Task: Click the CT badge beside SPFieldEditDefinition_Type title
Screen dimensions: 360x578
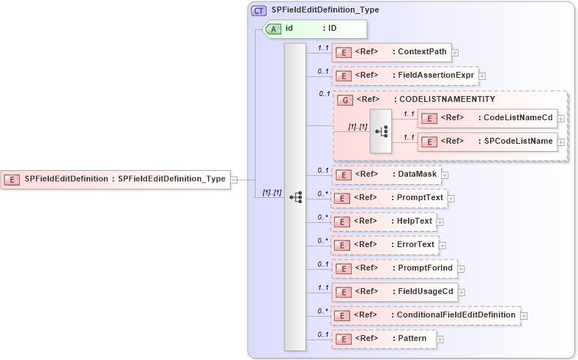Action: coord(259,11)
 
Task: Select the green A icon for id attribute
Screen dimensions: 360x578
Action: coord(273,29)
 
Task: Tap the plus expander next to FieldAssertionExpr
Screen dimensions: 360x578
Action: coord(482,76)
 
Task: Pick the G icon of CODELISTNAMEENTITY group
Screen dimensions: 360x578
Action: coord(344,100)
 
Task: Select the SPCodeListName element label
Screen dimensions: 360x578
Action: coord(514,142)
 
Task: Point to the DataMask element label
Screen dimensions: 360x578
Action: coord(416,175)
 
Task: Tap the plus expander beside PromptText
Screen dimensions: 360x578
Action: coord(451,199)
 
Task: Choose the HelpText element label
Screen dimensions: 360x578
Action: coord(415,221)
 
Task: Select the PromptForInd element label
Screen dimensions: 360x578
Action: coord(425,268)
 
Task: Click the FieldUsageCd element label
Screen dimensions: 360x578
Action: coord(426,292)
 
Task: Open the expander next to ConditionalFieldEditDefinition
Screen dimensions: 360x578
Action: coord(524,316)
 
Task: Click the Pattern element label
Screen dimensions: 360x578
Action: coord(412,339)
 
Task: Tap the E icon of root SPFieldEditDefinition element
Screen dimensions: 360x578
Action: coord(12,179)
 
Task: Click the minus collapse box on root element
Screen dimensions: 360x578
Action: coord(234,179)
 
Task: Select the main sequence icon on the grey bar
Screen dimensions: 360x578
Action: coord(296,197)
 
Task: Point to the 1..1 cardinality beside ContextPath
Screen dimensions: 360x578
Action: coord(322,48)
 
